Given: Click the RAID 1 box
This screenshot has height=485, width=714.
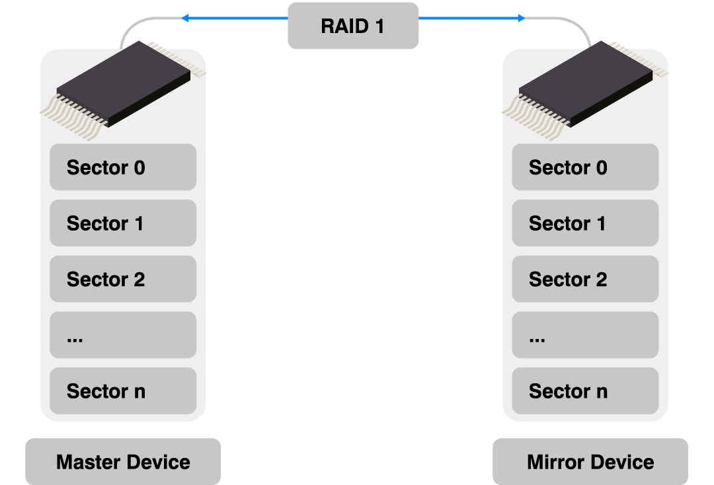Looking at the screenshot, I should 353,26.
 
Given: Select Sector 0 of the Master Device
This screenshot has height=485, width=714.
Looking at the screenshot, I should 123,167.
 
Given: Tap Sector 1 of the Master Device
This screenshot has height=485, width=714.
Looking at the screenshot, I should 123,223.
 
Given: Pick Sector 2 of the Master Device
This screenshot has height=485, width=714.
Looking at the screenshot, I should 123,279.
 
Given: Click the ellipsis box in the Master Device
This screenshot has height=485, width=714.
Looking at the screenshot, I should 123,335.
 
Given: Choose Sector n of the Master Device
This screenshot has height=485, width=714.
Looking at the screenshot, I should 123,391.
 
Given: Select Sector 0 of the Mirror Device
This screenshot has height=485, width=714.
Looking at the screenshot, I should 585,167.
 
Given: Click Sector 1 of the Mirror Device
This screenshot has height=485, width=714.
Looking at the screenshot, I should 585,223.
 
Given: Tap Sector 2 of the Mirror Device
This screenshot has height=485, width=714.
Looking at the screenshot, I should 585,279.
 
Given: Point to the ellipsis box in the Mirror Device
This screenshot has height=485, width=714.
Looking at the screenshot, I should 585,335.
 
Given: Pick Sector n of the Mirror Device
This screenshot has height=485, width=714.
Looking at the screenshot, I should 585,391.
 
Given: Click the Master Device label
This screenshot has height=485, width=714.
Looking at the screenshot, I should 123,461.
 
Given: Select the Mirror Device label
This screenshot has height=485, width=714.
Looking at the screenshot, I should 590,461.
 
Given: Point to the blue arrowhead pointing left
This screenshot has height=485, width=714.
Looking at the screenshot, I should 185,19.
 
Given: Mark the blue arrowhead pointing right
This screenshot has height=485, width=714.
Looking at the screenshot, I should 521,19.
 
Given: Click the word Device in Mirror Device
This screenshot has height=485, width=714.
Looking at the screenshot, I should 621,462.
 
